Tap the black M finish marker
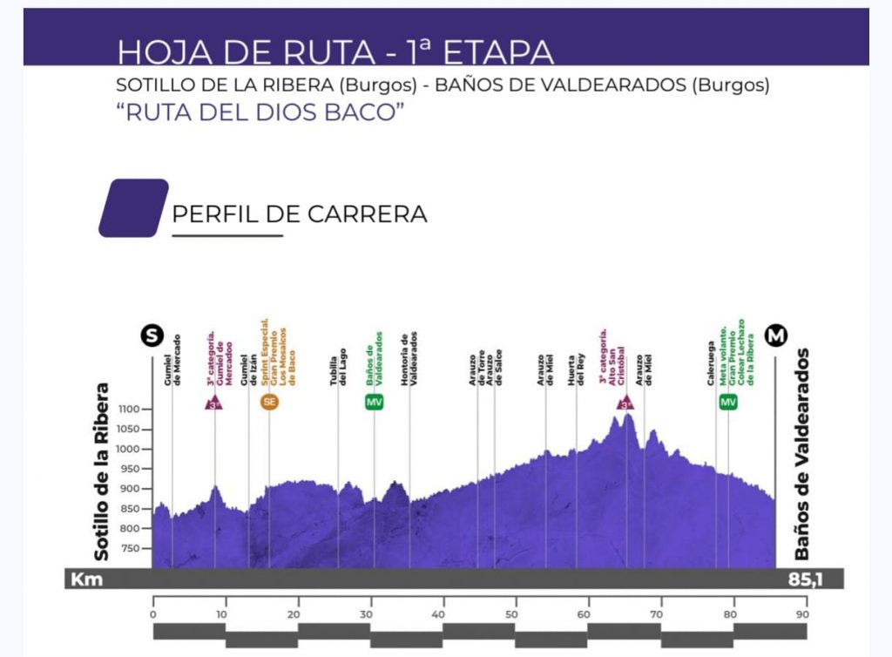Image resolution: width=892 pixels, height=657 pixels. point(775,335)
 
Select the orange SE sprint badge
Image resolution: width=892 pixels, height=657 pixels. point(269,402)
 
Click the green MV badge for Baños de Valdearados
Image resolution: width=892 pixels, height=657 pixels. point(374,402)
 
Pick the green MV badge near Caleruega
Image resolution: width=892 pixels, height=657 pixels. point(728,402)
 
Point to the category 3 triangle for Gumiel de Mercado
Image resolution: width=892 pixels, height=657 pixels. point(214,403)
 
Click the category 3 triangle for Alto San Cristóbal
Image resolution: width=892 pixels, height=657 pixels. point(625,403)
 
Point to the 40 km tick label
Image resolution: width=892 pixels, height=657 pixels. point(443,612)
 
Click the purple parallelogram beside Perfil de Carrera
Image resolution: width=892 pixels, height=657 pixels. point(133,208)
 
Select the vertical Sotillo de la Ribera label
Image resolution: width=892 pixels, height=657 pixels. point(102,471)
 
